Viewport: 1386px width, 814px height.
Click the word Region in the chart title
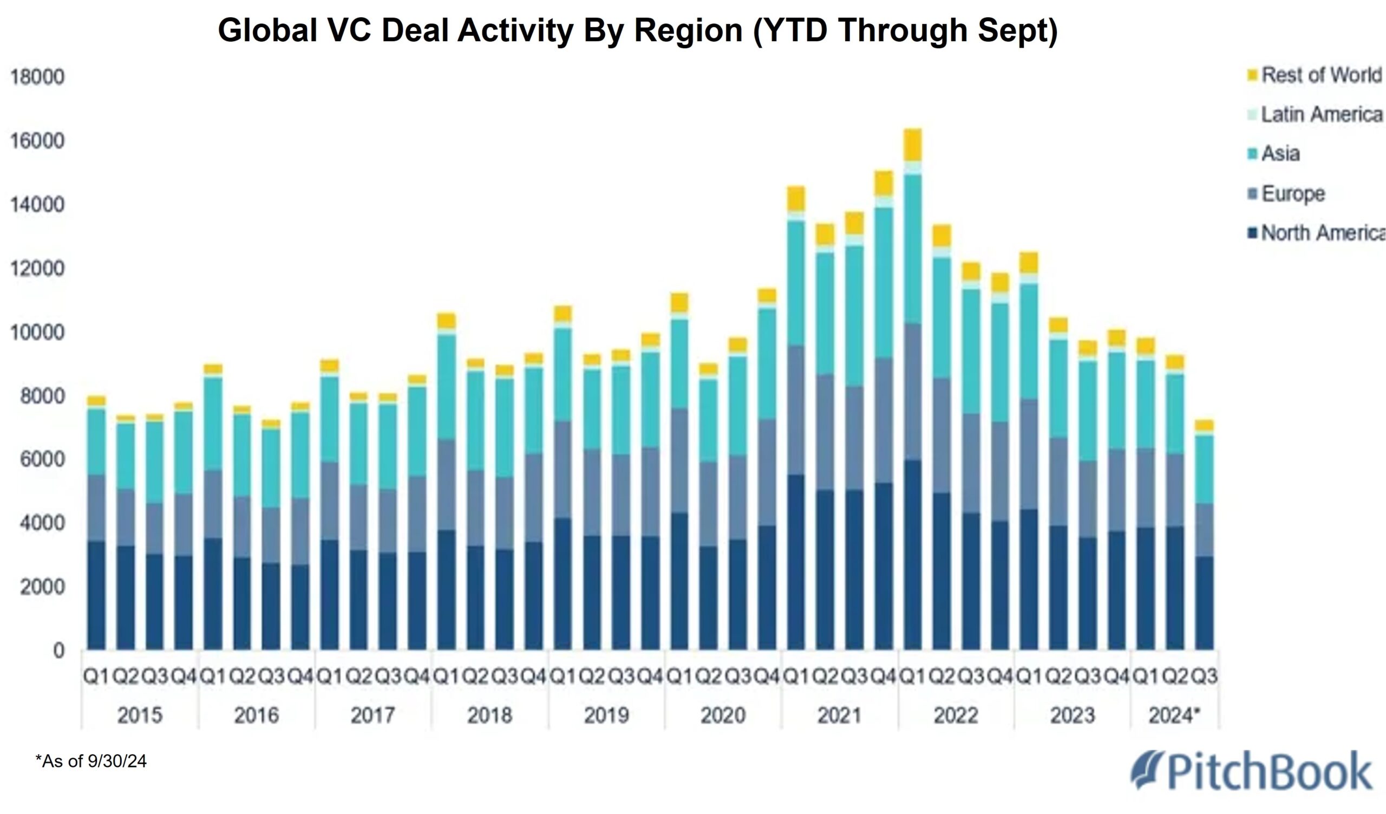(x=688, y=30)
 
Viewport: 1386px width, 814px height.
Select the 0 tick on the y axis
(x=58, y=651)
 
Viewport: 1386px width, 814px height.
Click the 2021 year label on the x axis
(x=839, y=715)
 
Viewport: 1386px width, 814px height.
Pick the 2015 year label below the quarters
(x=140, y=715)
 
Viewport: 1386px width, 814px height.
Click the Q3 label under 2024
(x=1204, y=676)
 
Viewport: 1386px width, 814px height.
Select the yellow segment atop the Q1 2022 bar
(x=912, y=145)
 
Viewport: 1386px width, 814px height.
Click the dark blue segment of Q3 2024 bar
(x=1204, y=603)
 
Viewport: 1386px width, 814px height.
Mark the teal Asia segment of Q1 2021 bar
(x=796, y=283)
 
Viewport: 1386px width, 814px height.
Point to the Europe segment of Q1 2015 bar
(x=96, y=507)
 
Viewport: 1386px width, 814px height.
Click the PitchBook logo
(x=1251, y=771)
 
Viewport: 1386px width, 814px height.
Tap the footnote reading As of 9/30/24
(x=91, y=762)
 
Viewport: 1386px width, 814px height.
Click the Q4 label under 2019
(x=650, y=676)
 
